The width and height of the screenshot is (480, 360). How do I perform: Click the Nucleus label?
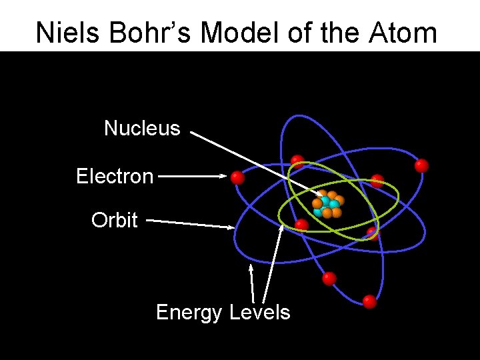142,128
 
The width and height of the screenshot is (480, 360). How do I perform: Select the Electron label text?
115,177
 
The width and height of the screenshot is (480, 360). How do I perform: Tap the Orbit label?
115,220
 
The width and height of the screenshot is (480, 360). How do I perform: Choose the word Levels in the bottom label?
259,312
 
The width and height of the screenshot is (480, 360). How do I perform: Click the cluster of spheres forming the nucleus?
327,205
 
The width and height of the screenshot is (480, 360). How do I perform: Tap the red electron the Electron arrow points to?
237,177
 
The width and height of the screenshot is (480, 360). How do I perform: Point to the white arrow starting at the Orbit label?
190,223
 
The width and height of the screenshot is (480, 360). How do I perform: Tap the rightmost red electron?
421,165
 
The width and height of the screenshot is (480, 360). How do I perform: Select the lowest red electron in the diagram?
369,302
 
